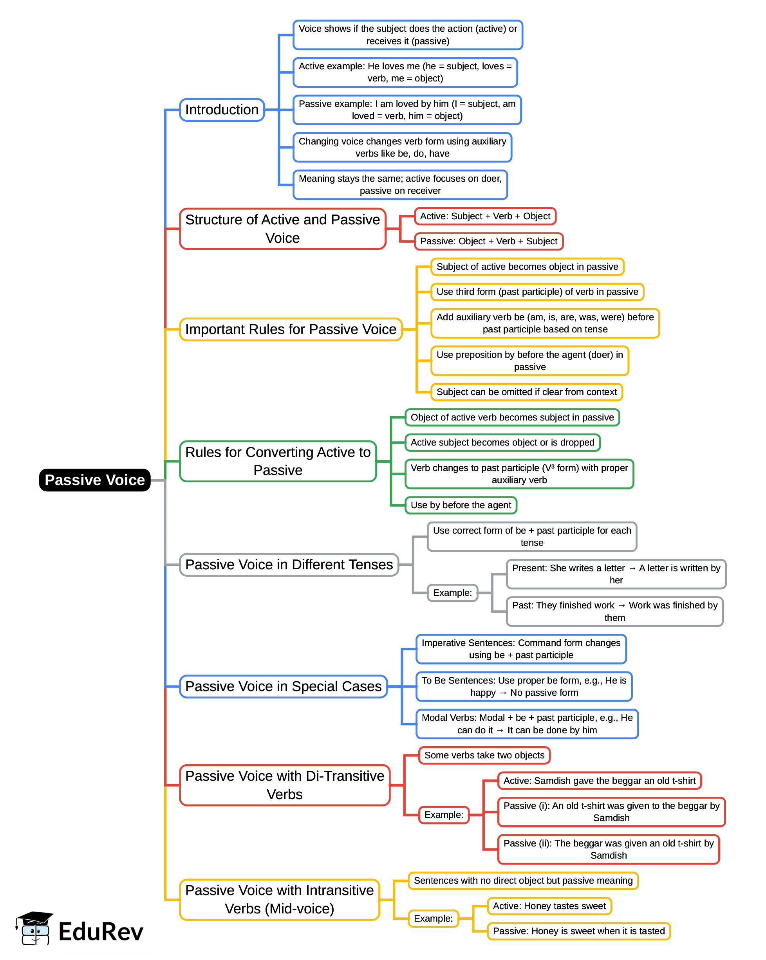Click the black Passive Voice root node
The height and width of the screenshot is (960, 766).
click(x=94, y=480)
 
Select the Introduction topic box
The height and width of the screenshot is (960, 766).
click(x=222, y=110)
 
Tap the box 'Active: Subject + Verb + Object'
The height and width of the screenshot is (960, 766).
click(x=484, y=217)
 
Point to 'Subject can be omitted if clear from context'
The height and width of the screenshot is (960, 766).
click(x=526, y=392)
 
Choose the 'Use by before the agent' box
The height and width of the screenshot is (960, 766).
click(x=461, y=505)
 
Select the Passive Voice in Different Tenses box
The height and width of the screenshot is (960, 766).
click(x=289, y=565)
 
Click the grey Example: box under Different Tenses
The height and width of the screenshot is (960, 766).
click(x=452, y=593)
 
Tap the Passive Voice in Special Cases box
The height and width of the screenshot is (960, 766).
click(x=283, y=687)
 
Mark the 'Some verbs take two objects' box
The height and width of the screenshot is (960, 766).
click(x=484, y=756)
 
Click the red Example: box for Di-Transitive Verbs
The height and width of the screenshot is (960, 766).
click(x=444, y=815)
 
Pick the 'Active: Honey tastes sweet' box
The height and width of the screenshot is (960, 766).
click(x=549, y=906)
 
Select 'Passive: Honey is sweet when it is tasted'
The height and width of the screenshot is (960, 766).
click(x=578, y=931)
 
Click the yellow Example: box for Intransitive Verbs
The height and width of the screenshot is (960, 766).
click(x=433, y=918)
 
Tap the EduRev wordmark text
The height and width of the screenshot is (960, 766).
click(x=101, y=932)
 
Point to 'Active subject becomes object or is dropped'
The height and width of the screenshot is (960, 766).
click(x=502, y=442)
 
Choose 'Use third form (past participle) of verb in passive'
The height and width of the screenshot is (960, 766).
click(x=537, y=292)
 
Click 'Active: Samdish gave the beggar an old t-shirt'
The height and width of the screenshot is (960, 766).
click(x=599, y=781)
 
